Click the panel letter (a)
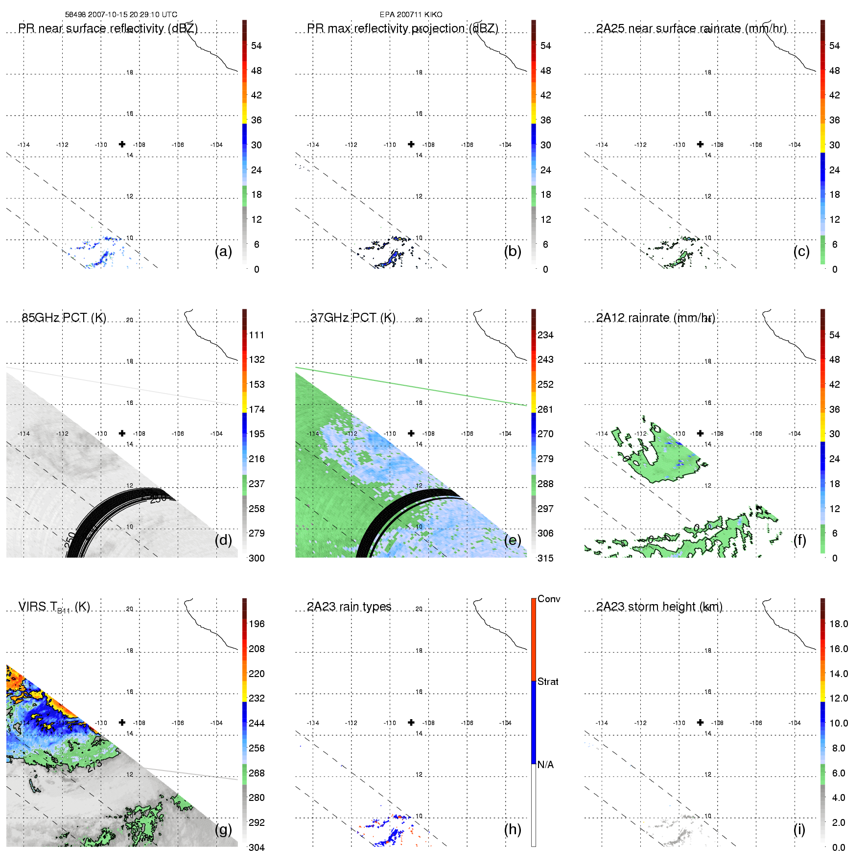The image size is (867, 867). (223, 251)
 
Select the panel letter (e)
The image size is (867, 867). (513, 540)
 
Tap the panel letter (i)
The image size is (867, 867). (799, 829)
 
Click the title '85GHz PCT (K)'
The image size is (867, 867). (64, 317)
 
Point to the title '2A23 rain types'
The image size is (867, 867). (349, 607)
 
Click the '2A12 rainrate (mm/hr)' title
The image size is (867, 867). (656, 318)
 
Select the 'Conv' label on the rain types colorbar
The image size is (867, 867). (549, 599)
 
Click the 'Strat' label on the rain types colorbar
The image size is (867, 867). (548, 681)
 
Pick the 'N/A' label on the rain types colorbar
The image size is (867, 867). (545, 765)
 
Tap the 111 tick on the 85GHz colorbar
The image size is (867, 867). (257, 335)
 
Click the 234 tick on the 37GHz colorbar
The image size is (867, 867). (545, 335)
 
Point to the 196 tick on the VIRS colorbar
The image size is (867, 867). (257, 624)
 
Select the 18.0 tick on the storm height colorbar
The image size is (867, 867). (839, 624)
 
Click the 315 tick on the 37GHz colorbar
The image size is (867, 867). (545, 558)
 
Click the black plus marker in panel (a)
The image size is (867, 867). (122, 144)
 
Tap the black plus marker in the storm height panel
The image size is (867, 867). (700, 722)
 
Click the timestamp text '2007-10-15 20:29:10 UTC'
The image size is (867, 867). (132, 15)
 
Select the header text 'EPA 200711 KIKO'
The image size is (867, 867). (411, 15)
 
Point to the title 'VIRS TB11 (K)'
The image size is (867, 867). (54, 607)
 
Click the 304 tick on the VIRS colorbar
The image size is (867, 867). (257, 847)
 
